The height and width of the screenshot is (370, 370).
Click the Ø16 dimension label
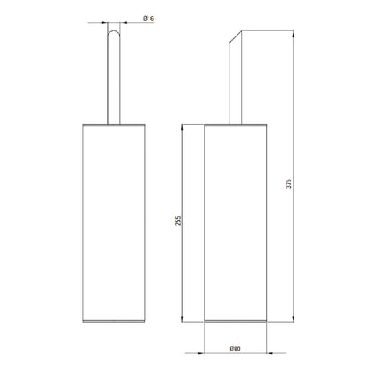point(149,19)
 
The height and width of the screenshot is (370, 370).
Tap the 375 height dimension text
point(289,183)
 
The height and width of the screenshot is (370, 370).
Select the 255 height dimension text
point(178,221)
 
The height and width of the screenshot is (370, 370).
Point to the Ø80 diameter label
point(235,349)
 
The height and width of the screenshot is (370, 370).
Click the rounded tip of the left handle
point(114,30)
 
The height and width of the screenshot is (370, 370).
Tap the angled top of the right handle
point(236,36)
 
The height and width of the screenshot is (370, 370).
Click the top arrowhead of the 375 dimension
point(294,34)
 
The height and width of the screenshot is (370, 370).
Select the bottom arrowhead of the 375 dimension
point(294,318)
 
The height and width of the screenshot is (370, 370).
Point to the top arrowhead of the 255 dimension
point(182,127)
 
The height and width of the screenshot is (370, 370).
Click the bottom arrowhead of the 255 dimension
point(182,318)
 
